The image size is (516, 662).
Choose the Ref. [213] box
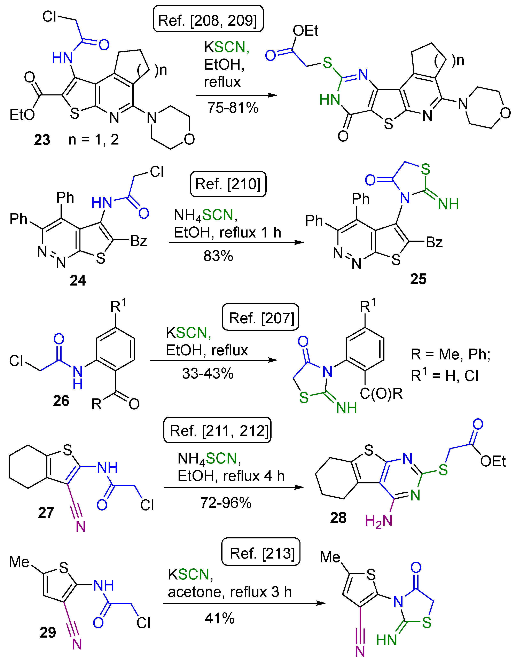coord(261,553)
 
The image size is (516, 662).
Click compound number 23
coord(42,140)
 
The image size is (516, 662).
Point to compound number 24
coord(78,280)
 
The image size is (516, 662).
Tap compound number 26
coord(61,401)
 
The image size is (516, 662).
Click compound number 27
coord(46,512)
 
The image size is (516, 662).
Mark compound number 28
coord(338,517)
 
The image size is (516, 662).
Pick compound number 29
coord(48,632)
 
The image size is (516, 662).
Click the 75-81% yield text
coord(233,108)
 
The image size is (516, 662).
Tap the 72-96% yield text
coord(226,503)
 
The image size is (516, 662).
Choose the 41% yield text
coord(219,618)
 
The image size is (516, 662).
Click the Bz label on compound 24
coord(139,241)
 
